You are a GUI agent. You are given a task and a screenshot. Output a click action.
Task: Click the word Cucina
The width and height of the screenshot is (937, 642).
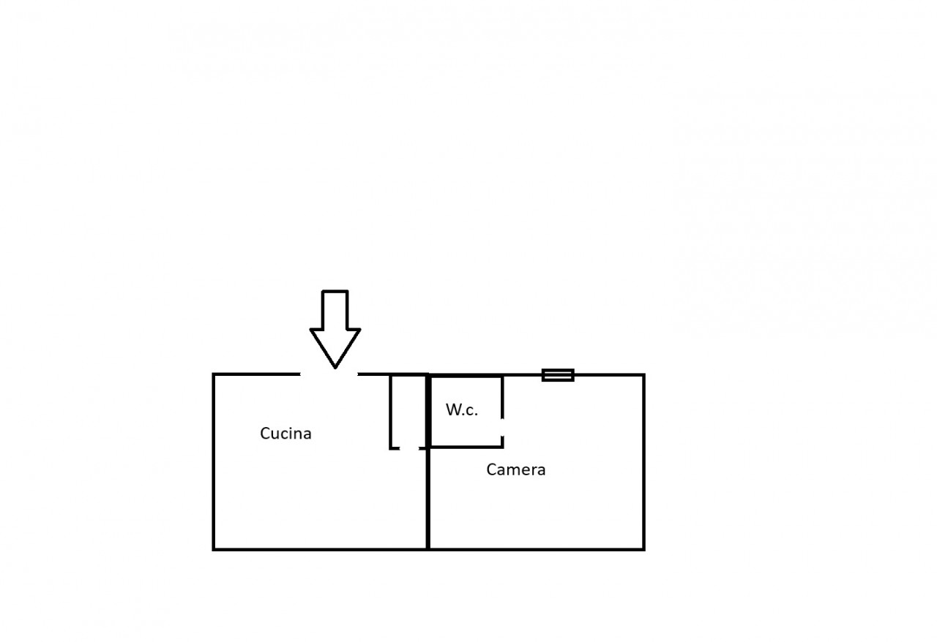click(x=285, y=434)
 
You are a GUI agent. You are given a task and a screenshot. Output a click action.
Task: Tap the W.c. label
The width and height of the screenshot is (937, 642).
click(x=461, y=410)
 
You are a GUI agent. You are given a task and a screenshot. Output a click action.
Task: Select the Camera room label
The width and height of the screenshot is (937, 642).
click(x=516, y=469)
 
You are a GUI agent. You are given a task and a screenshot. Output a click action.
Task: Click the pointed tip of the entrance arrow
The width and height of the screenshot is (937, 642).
click(x=335, y=368)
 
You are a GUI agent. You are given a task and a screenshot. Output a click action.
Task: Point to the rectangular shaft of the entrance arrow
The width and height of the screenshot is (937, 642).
click(x=335, y=310)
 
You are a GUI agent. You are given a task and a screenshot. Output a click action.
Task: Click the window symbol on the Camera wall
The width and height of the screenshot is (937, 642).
click(x=558, y=375)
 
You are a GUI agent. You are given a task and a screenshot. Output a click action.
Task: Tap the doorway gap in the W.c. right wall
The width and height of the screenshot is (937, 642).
click(x=502, y=427)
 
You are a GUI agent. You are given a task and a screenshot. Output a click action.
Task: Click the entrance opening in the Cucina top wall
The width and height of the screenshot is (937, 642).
click(x=329, y=374)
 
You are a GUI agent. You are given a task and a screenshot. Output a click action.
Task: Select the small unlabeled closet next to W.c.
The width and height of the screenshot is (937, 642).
click(x=408, y=412)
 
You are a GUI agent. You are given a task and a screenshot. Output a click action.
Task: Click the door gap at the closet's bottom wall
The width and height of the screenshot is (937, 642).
click(x=409, y=448)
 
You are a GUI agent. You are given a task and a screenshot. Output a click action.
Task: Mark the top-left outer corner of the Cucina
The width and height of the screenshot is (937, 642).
click(x=213, y=374)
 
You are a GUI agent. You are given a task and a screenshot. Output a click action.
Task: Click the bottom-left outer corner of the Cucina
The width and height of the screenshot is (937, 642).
click(x=213, y=549)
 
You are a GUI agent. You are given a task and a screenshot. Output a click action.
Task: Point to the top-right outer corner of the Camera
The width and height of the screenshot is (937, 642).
click(x=643, y=375)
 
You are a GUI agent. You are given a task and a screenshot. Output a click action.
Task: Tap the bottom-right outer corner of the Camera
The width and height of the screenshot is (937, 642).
click(x=643, y=549)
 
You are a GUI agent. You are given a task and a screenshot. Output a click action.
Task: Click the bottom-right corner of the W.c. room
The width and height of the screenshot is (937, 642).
click(x=502, y=447)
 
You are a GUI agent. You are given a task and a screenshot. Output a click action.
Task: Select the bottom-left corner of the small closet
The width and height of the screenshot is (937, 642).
click(x=390, y=448)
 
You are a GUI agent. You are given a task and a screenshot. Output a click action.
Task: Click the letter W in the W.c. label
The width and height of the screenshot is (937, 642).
click(x=452, y=409)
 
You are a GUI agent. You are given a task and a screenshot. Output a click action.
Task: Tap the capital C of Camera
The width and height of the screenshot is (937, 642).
click(x=491, y=469)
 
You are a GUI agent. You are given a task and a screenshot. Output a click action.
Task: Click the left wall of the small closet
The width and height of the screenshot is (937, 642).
click(x=390, y=412)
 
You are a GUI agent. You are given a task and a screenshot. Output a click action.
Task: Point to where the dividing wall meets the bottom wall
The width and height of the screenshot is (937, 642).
click(x=428, y=549)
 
